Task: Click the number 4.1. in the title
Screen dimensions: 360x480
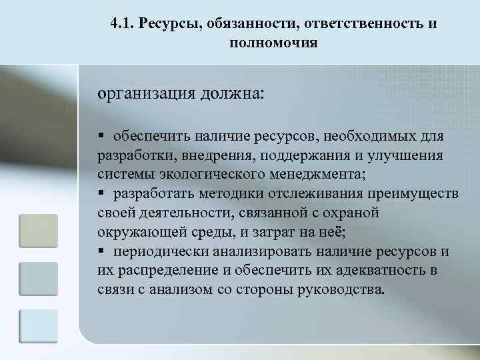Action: pyautogui.click(x=123, y=24)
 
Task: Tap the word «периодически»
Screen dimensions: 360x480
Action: pyautogui.click(x=160, y=252)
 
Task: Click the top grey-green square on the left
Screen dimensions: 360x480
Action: pyautogui.click(x=38, y=230)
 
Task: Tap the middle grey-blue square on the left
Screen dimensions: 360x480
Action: pyautogui.click(x=38, y=278)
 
